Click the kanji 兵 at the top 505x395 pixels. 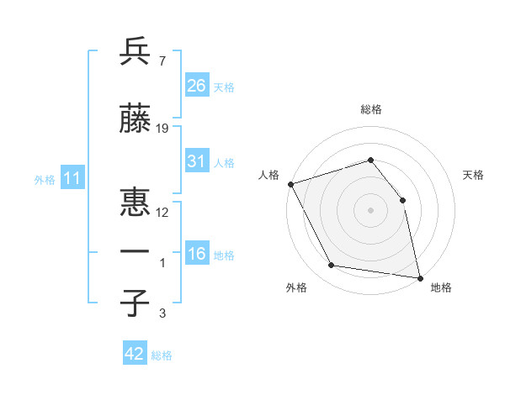click(136, 52)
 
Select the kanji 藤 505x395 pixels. click(136, 120)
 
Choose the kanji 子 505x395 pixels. click(136, 303)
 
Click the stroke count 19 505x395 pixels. click(162, 129)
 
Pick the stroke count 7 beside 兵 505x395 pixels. click(162, 61)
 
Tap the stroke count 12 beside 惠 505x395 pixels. click(162, 212)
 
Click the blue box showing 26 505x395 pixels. click(196, 86)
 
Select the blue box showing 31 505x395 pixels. click(196, 161)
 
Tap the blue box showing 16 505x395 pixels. click(196, 254)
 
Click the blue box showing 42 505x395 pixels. click(134, 354)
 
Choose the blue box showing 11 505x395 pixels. click(72, 178)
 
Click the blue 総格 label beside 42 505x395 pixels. click(162, 355)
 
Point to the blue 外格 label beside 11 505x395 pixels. click(44, 180)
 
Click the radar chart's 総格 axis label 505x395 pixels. click(370, 109)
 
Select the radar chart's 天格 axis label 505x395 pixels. click(473, 175)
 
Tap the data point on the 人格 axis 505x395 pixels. click(290, 184)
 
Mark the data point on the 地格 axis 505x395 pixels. click(419, 276)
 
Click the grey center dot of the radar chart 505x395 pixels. click(370, 209)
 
